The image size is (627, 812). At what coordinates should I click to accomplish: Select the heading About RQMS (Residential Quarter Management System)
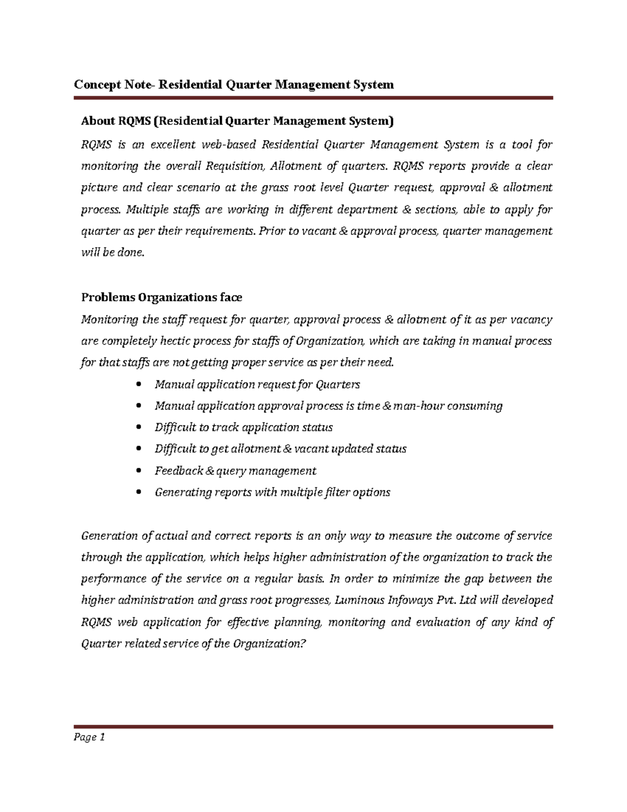click(237, 121)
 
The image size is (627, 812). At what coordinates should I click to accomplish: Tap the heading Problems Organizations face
click(161, 298)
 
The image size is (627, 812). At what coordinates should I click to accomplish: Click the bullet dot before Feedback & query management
click(138, 471)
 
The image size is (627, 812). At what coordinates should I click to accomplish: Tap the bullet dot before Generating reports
click(138, 493)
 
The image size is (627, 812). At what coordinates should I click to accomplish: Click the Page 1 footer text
click(89, 737)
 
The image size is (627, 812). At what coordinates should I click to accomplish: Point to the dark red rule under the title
click(313, 98)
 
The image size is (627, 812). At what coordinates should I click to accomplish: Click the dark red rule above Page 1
click(313, 727)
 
